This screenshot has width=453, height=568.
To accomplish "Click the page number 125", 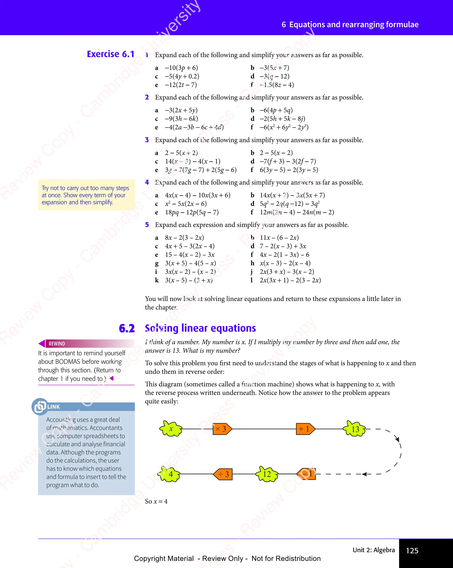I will pyautogui.click(x=412, y=550).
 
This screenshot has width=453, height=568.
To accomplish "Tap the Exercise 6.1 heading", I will pyautogui.click(x=111, y=54).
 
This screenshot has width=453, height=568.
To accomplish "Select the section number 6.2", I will pyautogui.click(x=127, y=328).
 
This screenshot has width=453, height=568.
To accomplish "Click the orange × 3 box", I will pyautogui.click(x=222, y=429).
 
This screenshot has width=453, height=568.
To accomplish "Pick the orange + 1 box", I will pyautogui.click(x=305, y=429).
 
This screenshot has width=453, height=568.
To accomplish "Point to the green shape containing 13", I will pyautogui.click(x=355, y=429).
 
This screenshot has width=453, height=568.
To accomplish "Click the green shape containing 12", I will pyautogui.click(x=267, y=474).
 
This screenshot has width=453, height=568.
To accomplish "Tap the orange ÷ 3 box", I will pyautogui.click(x=223, y=474).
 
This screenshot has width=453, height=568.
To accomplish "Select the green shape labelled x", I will pyautogui.click(x=171, y=429).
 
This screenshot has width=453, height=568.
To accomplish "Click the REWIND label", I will pyautogui.click(x=57, y=344).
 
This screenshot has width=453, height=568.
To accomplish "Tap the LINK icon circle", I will pyautogui.click(x=40, y=406).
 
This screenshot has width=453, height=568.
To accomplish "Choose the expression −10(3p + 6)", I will pyautogui.click(x=181, y=68).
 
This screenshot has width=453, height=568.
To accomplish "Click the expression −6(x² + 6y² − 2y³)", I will pyautogui.click(x=284, y=127).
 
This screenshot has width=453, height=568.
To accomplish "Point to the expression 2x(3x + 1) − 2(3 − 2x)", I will pyautogui.click(x=290, y=280).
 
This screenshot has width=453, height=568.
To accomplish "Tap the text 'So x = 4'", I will pyautogui.click(x=156, y=501).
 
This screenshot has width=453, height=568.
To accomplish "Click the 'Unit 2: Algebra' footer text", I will pyautogui.click(x=373, y=550).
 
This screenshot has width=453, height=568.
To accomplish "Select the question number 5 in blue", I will pyautogui.click(x=147, y=225).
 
